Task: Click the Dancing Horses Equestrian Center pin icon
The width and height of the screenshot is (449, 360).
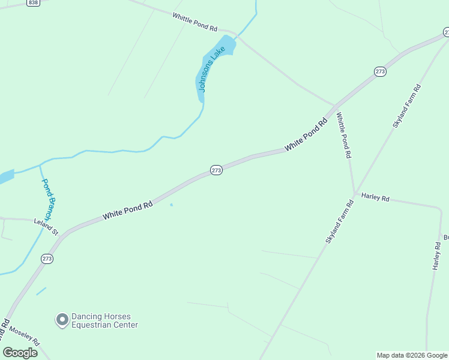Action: point(62,320)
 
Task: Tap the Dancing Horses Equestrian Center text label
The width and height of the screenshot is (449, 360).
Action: point(104,321)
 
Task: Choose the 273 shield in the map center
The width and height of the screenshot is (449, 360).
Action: point(217,170)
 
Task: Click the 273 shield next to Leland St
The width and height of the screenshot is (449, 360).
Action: point(47,259)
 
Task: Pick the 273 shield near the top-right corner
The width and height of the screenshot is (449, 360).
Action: point(380,71)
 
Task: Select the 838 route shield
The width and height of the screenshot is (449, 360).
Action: point(33,3)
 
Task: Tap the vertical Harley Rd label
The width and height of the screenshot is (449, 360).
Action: point(436,256)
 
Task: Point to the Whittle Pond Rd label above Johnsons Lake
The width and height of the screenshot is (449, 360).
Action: point(194,22)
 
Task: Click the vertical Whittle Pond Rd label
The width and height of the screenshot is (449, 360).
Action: point(343,135)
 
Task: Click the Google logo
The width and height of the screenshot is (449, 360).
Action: point(20,353)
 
